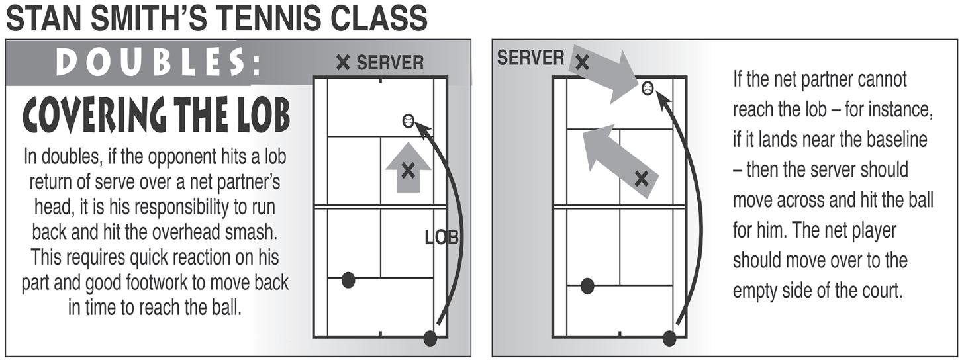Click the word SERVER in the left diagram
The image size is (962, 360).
[390, 63]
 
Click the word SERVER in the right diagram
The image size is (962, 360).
[530, 58]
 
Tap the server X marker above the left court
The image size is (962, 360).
[343, 63]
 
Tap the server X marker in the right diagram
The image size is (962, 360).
[582, 64]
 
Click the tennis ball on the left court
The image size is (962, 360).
[408, 120]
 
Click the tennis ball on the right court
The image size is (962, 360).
[648, 87]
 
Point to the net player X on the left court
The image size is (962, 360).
[408, 171]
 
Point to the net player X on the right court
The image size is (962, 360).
[641, 177]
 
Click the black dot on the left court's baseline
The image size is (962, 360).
[430, 339]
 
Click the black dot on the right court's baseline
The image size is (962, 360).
[669, 339]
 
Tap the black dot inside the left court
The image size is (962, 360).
[348, 280]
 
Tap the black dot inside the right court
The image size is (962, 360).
[587, 286]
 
